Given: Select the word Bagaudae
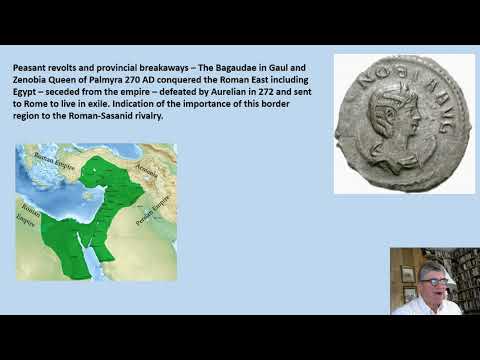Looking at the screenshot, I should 216,71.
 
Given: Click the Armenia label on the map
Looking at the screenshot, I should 147,171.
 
